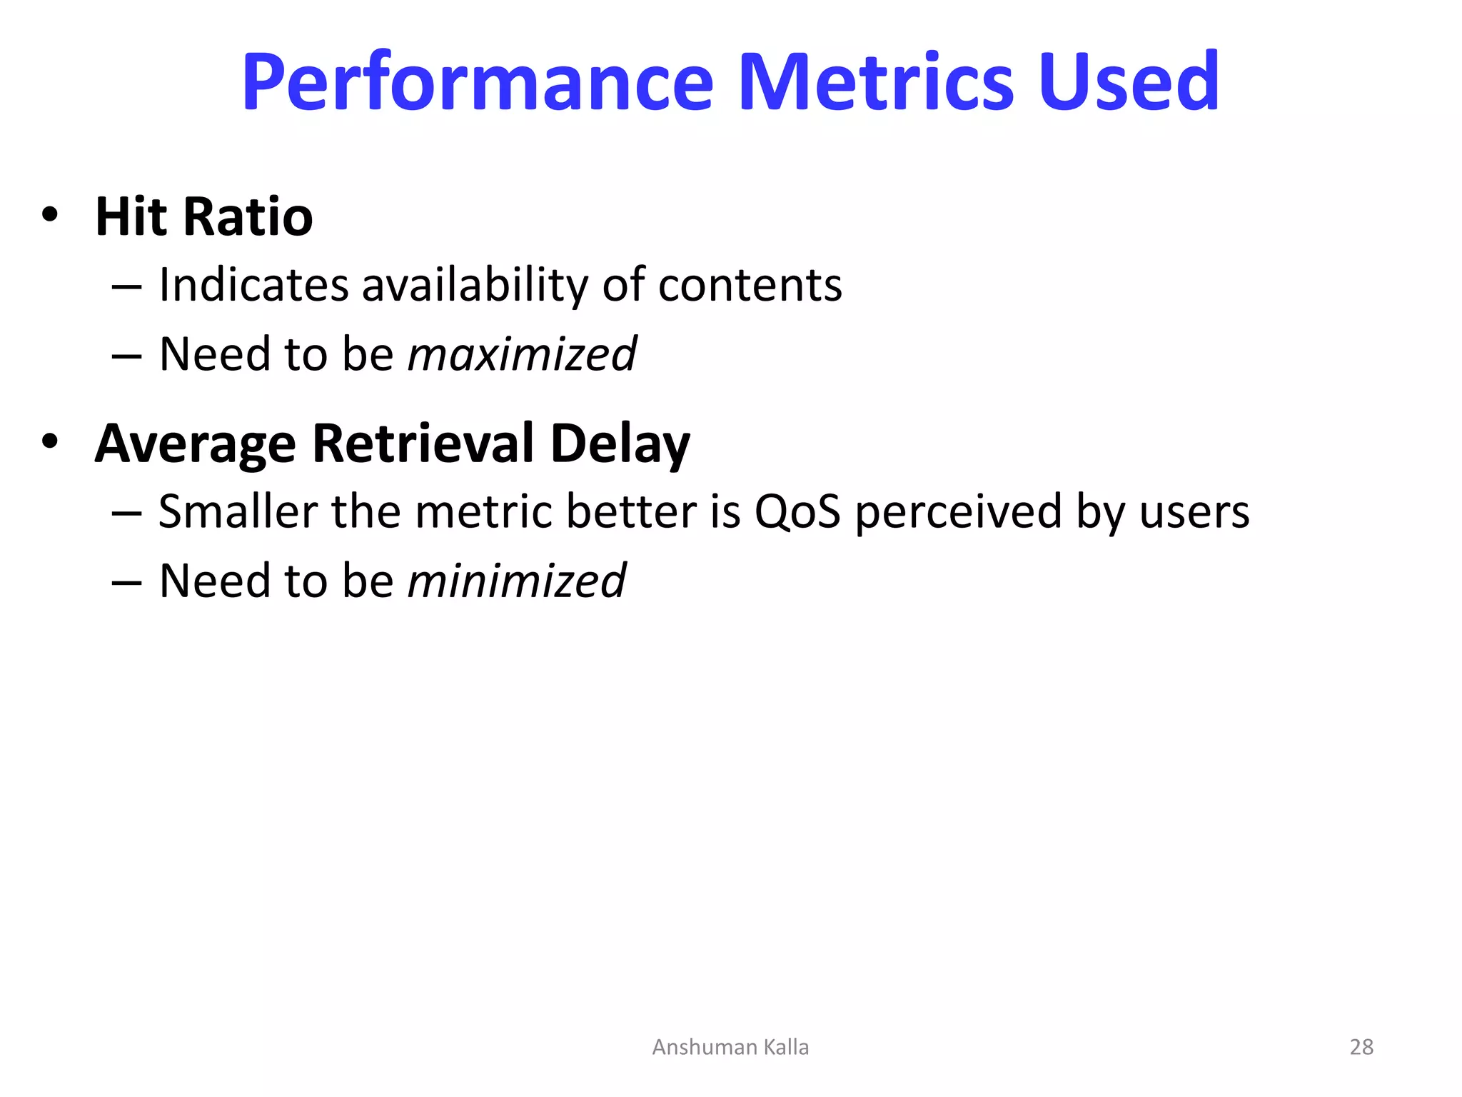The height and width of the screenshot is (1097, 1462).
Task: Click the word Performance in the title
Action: pos(477,84)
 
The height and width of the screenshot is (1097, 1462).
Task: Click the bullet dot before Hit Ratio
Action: pos(49,214)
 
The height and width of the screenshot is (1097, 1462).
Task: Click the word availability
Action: pos(475,286)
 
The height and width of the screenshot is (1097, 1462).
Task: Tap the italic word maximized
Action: pos(522,355)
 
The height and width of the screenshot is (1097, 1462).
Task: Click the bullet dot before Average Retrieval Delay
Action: pos(49,441)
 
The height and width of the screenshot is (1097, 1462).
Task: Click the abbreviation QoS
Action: pos(797,512)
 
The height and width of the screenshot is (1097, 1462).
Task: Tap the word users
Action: pos(1194,513)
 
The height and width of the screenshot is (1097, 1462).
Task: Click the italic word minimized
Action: pos(516,581)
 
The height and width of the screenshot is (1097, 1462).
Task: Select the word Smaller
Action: pos(238,512)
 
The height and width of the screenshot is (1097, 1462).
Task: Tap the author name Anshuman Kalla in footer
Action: pos(730,1047)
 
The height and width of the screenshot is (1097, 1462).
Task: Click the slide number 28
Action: pos(1361,1047)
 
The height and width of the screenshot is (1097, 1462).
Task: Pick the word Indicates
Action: pos(253,286)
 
